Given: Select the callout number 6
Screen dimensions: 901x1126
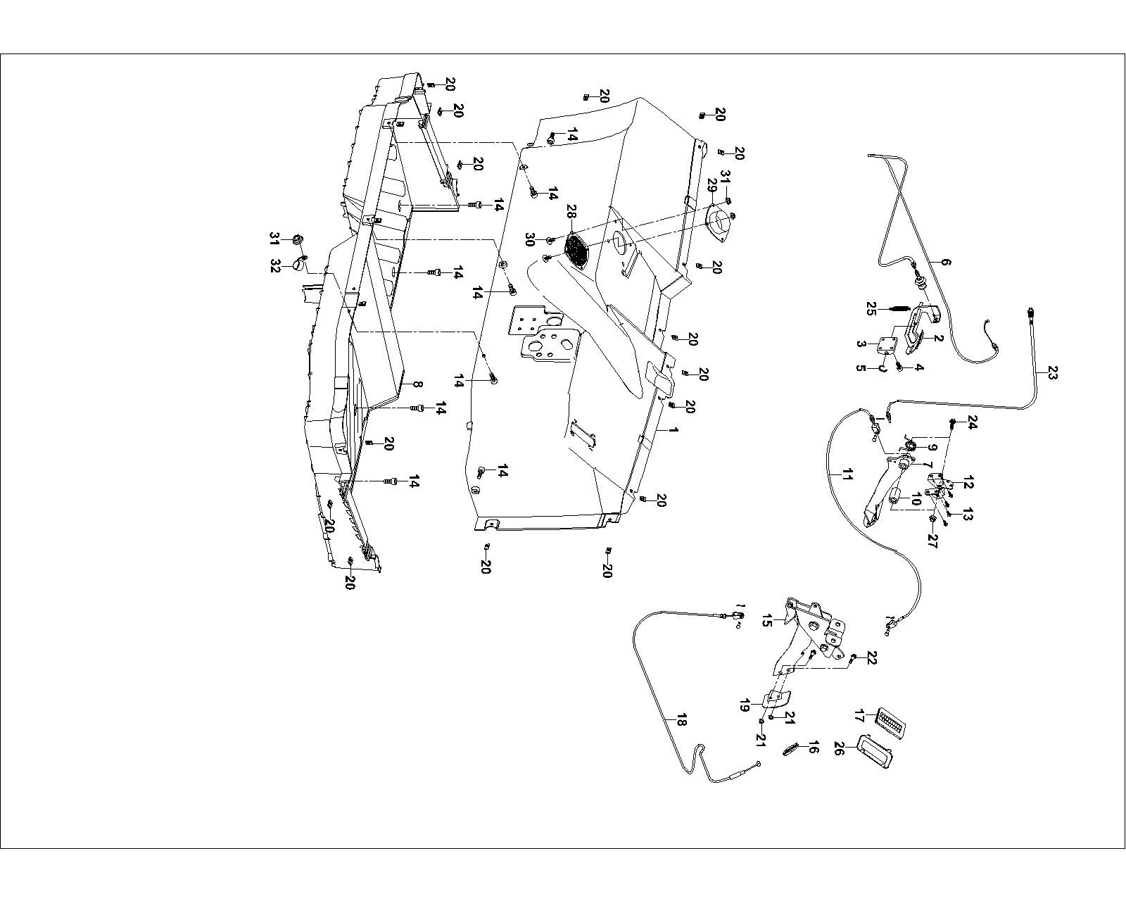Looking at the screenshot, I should pos(946,262).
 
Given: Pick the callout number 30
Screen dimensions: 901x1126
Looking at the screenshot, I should pos(530,239).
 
